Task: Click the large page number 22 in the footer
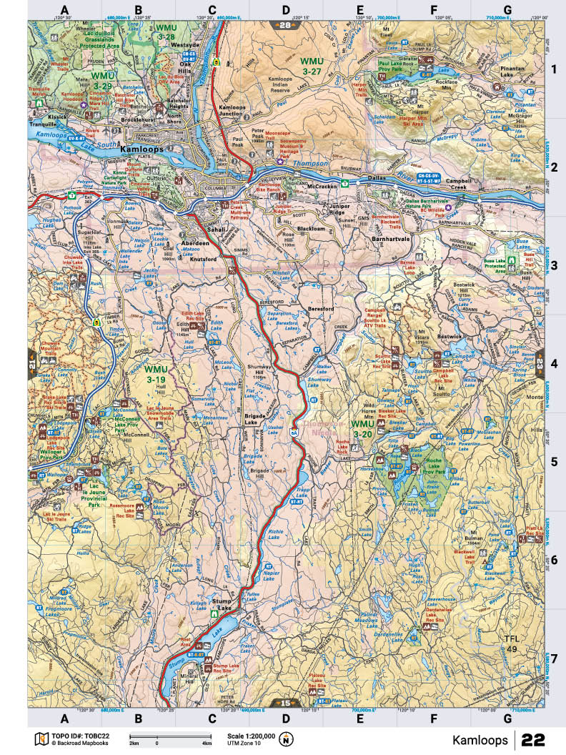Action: coord(535,739)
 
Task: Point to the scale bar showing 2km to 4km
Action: coord(169,737)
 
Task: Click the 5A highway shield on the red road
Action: coord(294,431)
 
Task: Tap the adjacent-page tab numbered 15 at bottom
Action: coord(286,704)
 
